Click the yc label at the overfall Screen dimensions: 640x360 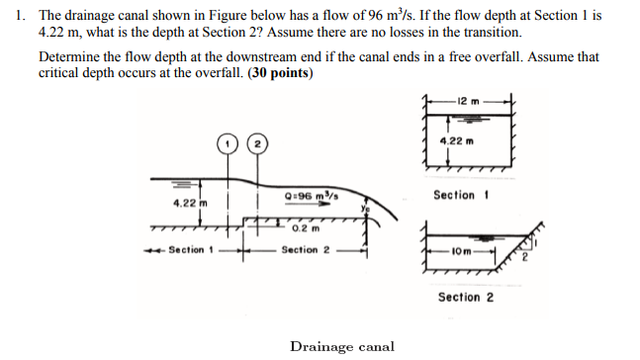(x=364, y=209)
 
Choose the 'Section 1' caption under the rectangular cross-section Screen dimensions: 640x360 (x=460, y=195)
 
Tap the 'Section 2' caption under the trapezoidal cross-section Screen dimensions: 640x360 (x=460, y=297)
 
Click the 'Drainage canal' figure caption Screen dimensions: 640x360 (x=341, y=346)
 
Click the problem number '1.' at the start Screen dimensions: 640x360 (x=19, y=18)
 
